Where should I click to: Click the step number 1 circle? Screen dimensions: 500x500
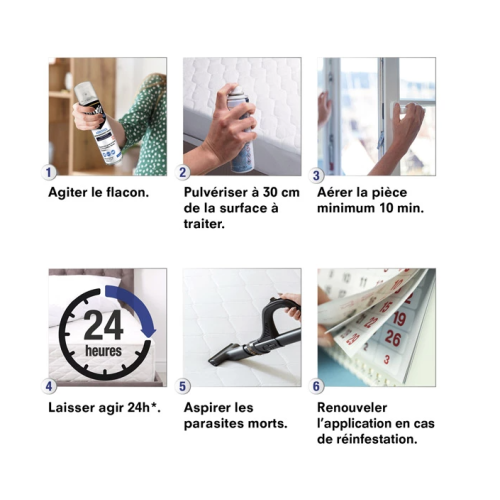(x=51, y=172)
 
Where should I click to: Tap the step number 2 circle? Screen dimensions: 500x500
(x=183, y=172)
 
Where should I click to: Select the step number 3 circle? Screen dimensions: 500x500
(x=318, y=172)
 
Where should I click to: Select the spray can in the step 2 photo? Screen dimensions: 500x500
(x=239, y=130)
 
